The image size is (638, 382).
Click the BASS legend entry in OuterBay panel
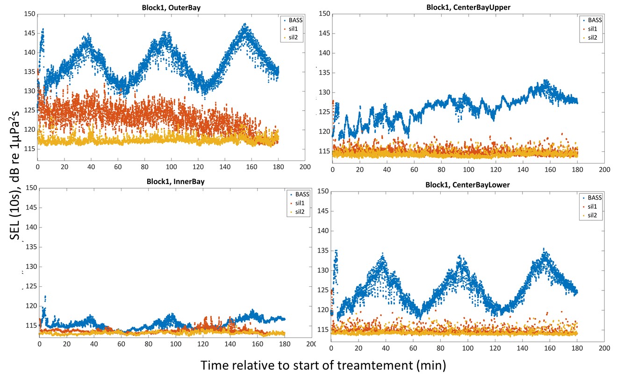[293, 20]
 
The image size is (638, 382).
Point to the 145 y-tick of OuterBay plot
[29, 33]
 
